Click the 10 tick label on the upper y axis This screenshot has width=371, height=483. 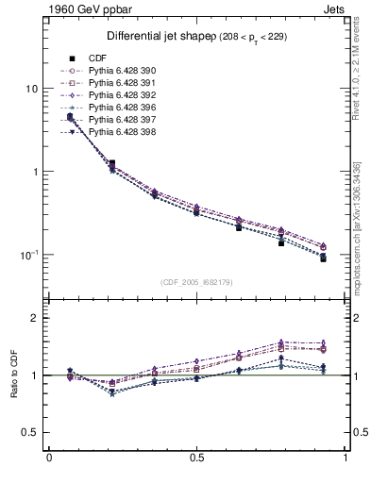(30, 89)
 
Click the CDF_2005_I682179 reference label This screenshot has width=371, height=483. (196, 282)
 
